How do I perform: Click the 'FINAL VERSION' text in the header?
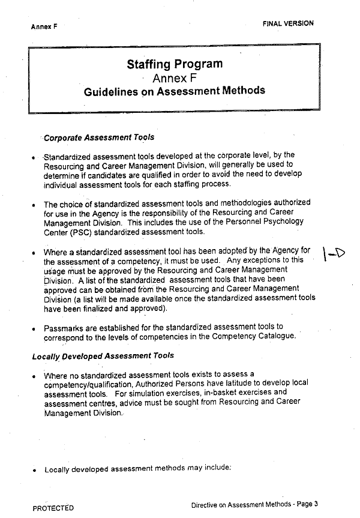click(x=287, y=23)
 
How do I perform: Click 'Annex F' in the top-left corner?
click(x=44, y=27)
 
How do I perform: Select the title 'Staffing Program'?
click(x=175, y=64)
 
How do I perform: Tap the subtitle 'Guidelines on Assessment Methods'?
click(x=174, y=91)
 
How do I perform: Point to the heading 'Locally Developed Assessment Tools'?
click(x=103, y=355)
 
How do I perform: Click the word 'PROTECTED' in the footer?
click(x=53, y=508)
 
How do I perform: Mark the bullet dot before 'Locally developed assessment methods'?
click(x=35, y=470)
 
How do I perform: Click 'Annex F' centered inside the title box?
click(x=174, y=78)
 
